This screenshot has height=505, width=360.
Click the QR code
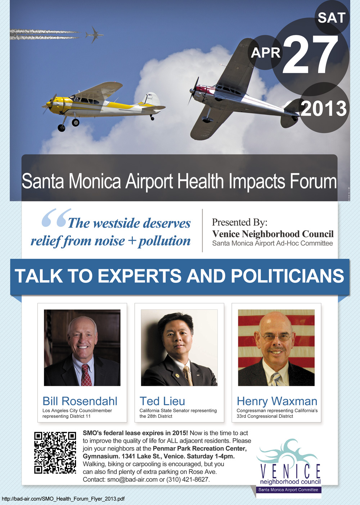click(x=55, y=452)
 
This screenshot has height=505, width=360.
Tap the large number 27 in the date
click(x=310, y=54)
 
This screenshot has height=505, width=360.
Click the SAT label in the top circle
click(x=332, y=18)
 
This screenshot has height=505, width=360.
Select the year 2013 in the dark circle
click(x=324, y=108)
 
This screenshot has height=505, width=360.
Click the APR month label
click(x=265, y=53)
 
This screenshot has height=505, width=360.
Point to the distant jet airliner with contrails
click(x=94, y=35)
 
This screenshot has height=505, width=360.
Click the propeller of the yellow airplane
click(x=50, y=104)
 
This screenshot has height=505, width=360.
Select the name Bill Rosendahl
click(x=80, y=401)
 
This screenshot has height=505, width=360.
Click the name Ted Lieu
click(x=162, y=401)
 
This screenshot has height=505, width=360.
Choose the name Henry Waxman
click(x=277, y=401)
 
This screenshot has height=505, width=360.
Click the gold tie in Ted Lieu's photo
click(x=188, y=375)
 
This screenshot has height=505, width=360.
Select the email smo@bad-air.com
click(x=132, y=479)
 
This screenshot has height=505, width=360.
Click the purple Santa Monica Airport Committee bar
click(x=288, y=490)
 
